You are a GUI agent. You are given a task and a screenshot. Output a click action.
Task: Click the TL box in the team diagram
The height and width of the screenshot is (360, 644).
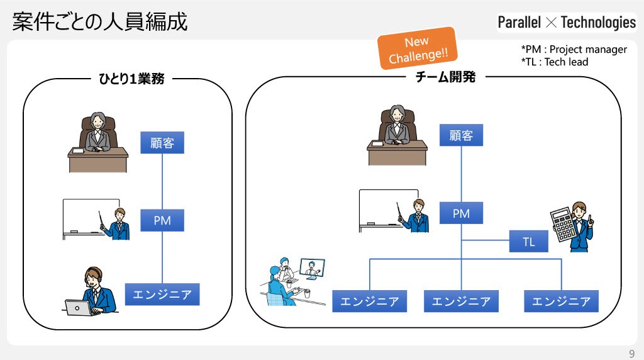coord(528,241)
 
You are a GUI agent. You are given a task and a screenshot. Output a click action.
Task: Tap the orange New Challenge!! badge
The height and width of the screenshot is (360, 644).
coord(418,48)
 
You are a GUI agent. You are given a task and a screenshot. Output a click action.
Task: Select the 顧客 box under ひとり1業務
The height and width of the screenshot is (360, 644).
coord(162,143)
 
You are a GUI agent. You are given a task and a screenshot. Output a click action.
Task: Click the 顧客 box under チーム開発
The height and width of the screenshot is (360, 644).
coord(461,135)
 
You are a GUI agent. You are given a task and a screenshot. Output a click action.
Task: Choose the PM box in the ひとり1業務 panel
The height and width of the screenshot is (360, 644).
coord(162,220)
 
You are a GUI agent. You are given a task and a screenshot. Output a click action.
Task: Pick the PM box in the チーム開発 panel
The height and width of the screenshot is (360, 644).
coord(461,213)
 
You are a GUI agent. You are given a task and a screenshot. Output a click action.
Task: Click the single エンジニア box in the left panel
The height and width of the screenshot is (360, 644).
coord(162,295)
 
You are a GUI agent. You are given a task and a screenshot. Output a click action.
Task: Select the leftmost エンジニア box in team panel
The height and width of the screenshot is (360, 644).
coord(370,301)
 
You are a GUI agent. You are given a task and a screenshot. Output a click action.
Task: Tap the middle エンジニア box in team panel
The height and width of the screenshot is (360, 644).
coord(461,301)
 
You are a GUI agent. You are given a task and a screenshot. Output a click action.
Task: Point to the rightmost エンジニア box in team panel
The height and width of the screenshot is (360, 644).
coord(561,301)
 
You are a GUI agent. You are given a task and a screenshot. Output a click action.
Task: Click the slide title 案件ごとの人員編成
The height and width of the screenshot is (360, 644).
coord(100,21)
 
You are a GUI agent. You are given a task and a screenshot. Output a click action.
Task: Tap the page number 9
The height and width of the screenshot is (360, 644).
coord(631,354)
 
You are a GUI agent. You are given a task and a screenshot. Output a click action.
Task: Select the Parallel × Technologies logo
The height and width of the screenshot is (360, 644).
coord(567,22)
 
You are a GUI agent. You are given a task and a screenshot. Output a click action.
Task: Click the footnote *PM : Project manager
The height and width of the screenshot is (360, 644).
coord(574,49)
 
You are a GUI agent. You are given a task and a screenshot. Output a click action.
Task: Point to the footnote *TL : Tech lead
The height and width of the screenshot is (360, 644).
coord(555,62)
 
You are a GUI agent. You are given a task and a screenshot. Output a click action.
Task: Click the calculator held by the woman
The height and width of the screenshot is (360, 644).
coord(563,225)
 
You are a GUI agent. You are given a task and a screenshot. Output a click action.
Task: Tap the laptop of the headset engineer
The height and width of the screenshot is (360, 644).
coord(79,308)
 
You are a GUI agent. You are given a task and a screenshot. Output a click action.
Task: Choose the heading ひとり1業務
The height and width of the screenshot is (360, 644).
coord(132,79)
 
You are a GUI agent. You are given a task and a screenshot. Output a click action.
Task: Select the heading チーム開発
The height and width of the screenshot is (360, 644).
coord(446,77)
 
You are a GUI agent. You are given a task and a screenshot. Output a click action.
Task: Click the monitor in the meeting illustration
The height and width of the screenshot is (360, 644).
coord(312,269)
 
